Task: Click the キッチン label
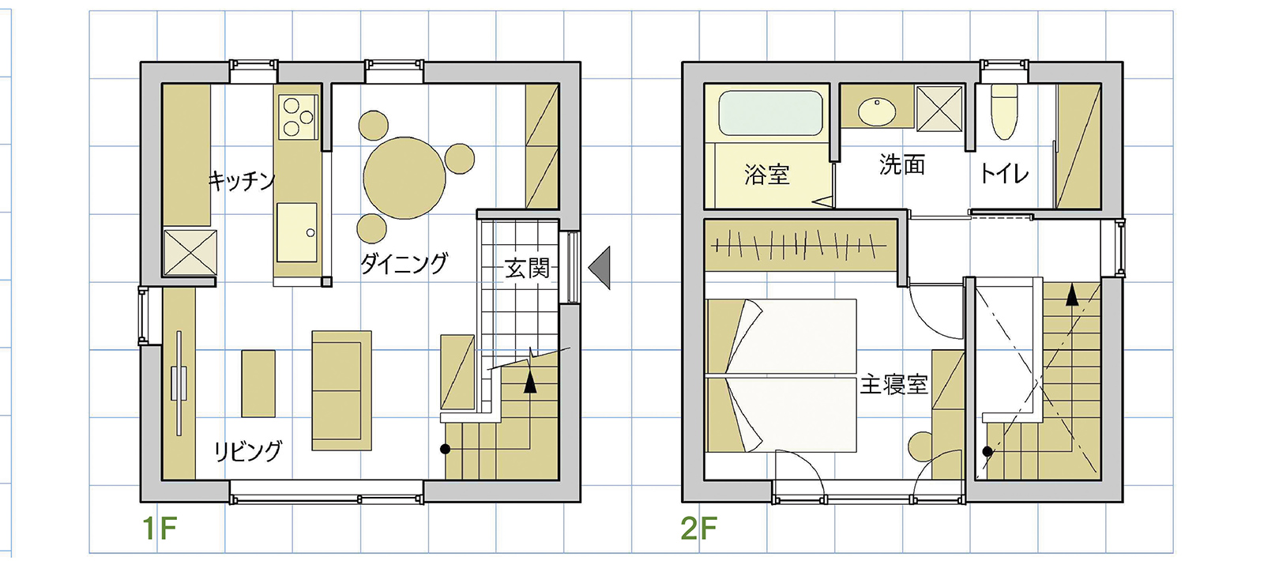coord(242,181)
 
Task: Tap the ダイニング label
coord(404,263)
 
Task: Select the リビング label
coord(248,451)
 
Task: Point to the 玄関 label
coord(526,268)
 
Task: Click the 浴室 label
coord(766,175)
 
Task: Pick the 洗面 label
coord(902,164)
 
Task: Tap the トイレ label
coord(1004,173)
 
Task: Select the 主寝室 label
coord(893,385)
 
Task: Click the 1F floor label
coord(159,529)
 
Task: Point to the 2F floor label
coord(698,529)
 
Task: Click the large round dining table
coord(404,178)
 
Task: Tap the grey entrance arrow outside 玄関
coord(600,268)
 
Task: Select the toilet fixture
coord(1004,111)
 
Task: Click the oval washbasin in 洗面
coord(877,111)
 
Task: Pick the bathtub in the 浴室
coord(770,113)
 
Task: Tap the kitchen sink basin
coord(297,232)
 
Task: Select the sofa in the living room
coord(342,390)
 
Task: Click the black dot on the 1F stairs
coord(446,450)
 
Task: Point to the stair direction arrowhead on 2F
coord(1071,295)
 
